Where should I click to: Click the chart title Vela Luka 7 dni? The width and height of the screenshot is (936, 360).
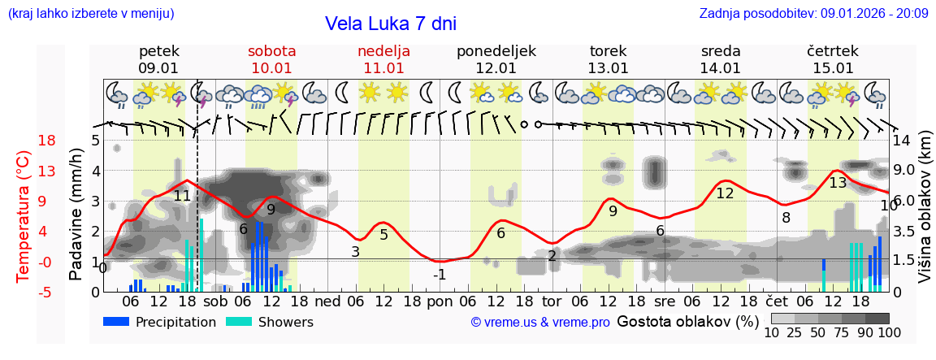pyautogui.click(x=390, y=24)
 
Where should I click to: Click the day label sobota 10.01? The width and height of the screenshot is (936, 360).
pyautogui.click(x=272, y=59)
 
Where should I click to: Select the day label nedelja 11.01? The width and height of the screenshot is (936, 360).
pyautogui.click(x=383, y=59)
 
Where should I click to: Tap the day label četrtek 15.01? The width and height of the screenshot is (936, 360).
pyautogui.click(x=833, y=59)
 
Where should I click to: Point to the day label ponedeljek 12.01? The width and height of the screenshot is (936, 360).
pyautogui.click(x=496, y=59)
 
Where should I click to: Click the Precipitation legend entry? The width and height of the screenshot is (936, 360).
pyautogui.click(x=159, y=322)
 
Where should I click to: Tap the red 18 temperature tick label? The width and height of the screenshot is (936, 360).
pyautogui.click(x=24, y=141)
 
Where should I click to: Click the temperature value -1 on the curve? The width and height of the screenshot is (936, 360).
pyautogui.click(x=439, y=275)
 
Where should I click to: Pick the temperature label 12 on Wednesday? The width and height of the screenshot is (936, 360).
pyautogui.click(x=725, y=193)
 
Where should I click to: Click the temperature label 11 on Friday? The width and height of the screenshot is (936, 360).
pyautogui.click(x=182, y=196)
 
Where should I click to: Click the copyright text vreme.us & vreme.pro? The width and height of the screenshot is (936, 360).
pyautogui.click(x=540, y=323)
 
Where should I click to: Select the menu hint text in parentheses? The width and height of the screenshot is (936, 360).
pyautogui.click(x=91, y=14)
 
